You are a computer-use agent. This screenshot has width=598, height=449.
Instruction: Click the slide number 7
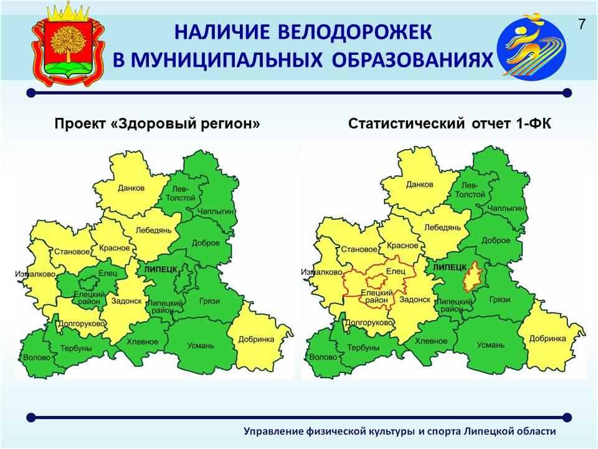point(582,24)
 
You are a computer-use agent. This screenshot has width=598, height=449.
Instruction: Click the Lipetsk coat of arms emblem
point(68,46)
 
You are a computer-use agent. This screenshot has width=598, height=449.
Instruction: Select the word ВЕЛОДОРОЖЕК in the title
point(355,32)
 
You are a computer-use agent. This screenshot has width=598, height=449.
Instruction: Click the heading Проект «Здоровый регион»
point(157,123)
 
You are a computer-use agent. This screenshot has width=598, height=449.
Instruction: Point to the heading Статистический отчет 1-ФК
point(450,123)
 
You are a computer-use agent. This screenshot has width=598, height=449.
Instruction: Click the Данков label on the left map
point(131,188)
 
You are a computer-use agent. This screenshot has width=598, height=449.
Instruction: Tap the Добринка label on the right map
point(548,338)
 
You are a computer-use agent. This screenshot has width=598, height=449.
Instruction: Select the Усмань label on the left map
point(201,346)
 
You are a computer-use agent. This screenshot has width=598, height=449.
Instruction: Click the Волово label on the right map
point(323,357)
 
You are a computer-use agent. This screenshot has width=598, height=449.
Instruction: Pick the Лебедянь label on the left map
point(153,230)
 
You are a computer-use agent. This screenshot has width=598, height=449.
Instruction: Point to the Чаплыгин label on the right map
point(506,208)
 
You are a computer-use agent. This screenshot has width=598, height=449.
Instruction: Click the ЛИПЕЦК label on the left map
point(161,269)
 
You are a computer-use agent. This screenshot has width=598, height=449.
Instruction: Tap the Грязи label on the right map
point(500,300)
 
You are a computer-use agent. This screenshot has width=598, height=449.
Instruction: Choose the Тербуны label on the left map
point(76,348)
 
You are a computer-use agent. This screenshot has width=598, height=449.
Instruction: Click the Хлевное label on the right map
point(431,341)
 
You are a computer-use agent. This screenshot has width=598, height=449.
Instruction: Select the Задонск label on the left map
point(126,301)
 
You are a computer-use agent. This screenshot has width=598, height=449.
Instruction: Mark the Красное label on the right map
point(402,246)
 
